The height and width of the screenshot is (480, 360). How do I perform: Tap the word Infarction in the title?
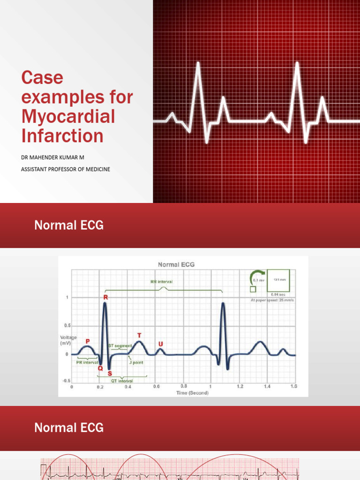tap(62, 136)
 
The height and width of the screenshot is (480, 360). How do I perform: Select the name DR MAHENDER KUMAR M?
tap(52, 157)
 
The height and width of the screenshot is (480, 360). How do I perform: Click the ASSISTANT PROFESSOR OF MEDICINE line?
tap(66, 169)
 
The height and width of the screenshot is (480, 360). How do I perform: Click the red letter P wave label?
tap(87, 341)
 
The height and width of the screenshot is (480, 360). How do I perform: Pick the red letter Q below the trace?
tap(100, 368)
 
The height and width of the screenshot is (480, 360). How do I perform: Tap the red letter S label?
tap(110, 374)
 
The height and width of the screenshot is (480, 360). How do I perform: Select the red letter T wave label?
tap(139, 336)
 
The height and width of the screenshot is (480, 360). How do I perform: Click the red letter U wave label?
tap(161, 344)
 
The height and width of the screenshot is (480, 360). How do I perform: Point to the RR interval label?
tap(162, 282)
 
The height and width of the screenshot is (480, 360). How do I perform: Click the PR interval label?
tap(87, 362)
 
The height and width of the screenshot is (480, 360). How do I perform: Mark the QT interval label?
tap(122, 381)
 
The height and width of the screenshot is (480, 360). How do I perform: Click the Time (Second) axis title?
tap(192, 393)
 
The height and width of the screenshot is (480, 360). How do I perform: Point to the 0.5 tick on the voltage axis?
tap(67, 325)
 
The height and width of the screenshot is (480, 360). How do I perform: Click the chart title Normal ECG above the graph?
tap(176, 264)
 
